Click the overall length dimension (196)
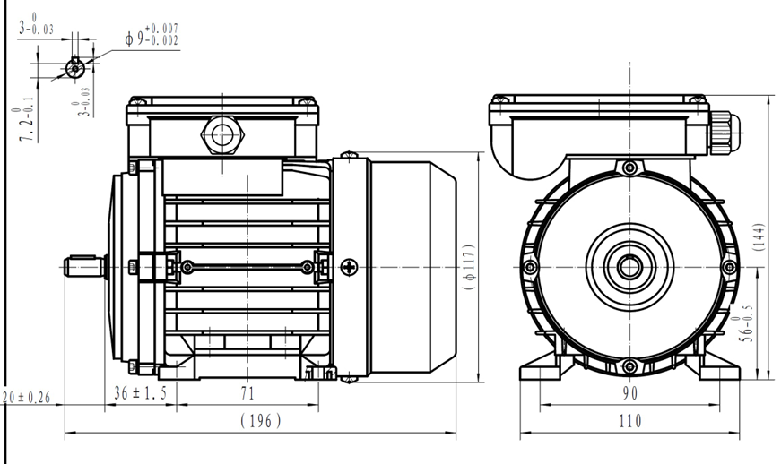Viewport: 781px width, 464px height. coord(261,420)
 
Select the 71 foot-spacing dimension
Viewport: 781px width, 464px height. coord(247,392)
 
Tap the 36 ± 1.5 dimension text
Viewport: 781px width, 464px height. coord(142,392)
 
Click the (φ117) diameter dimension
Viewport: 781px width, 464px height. coord(468,264)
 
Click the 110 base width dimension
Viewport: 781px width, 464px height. coord(629,419)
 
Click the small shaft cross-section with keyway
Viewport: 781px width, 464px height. coord(75,66)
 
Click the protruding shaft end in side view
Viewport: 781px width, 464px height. coord(83,267)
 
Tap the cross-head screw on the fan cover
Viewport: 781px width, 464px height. coord(349,266)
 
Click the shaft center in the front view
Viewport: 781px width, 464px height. coord(629,265)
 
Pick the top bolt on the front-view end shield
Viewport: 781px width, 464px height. coord(629,168)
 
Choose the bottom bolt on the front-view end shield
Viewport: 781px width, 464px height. coord(629,365)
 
